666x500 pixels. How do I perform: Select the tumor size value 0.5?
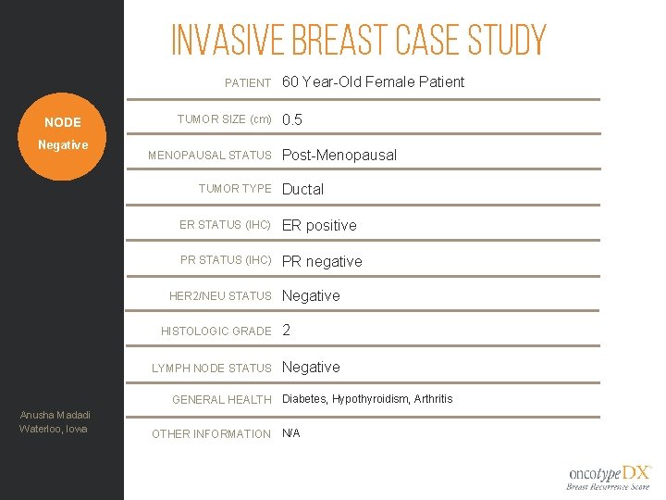(292, 120)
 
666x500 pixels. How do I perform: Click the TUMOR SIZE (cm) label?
(224, 119)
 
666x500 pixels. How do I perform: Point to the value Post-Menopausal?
(339, 155)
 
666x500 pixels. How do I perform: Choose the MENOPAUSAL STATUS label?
(210, 155)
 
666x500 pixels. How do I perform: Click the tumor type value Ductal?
(302, 189)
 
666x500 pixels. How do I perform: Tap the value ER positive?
(319, 225)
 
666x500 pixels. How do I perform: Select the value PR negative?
(322, 261)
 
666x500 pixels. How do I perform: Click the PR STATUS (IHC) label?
(226, 260)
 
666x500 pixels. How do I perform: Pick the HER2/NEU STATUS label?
(220, 296)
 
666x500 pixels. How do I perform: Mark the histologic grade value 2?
(287, 331)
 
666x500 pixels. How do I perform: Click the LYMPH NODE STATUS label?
(212, 368)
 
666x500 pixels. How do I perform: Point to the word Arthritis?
(433, 399)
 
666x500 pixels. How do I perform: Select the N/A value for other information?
(290, 433)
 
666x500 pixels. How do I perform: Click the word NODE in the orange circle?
(63, 122)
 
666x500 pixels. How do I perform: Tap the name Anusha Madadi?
(54, 414)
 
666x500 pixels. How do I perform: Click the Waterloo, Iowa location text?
(54, 428)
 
